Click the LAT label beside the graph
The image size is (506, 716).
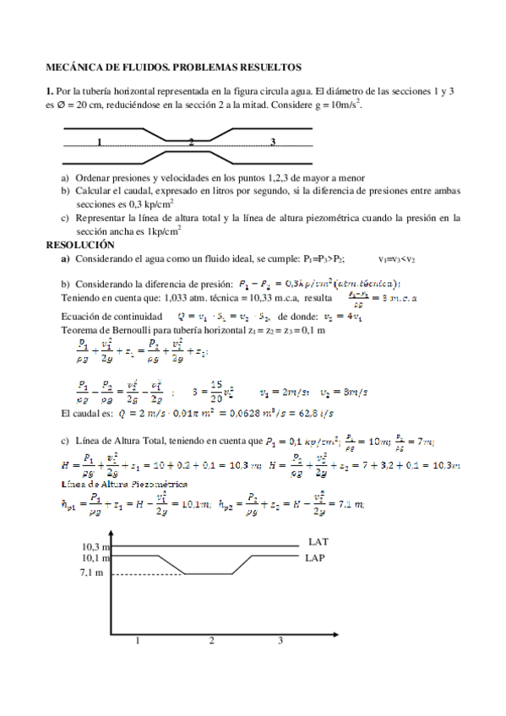(x=318, y=541)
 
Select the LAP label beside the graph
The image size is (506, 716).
(x=318, y=559)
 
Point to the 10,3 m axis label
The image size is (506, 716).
(x=95, y=548)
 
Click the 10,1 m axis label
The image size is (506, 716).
(x=95, y=559)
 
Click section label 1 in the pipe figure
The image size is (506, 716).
(x=100, y=142)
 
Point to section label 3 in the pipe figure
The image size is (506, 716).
(x=273, y=141)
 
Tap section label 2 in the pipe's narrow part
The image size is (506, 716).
(x=191, y=142)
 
